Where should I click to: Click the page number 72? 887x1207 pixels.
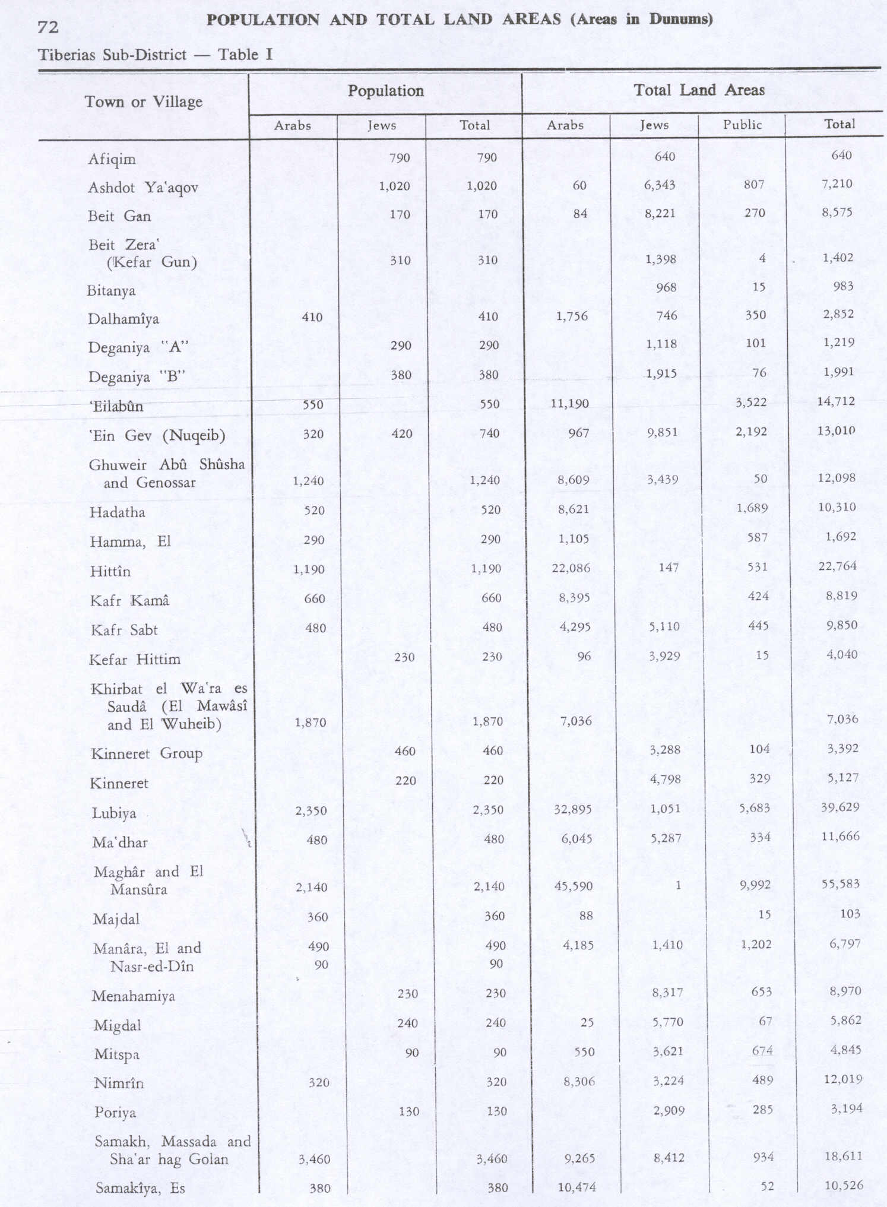coord(47,27)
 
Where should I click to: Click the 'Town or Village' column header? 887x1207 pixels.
coord(143,102)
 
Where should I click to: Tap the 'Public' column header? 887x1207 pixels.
coord(742,125)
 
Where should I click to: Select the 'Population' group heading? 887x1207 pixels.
coord(385,91)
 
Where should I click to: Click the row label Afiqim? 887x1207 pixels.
coord(112,159)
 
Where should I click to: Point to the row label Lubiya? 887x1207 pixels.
coord(114,813)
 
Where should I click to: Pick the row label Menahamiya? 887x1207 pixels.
coord(133,996)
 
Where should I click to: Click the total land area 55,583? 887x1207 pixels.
coord(840,883)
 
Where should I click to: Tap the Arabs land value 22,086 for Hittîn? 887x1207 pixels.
coord(571,568)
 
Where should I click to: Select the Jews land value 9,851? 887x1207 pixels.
coord(662,432)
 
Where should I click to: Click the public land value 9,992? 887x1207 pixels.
coord(755,885)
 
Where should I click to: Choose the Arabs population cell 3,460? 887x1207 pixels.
coord(314,1158)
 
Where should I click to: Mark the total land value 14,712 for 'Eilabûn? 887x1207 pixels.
coord(835,401)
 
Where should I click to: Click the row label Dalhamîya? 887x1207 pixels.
coord(123,319)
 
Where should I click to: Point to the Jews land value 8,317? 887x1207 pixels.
coord(667,991)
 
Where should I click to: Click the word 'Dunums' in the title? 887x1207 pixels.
coord(679,19)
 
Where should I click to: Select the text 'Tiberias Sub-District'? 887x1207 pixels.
coord(112,55)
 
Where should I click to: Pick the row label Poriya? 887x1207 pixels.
coord(115,1112)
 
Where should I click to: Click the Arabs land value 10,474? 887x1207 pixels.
coord(576,1187)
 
